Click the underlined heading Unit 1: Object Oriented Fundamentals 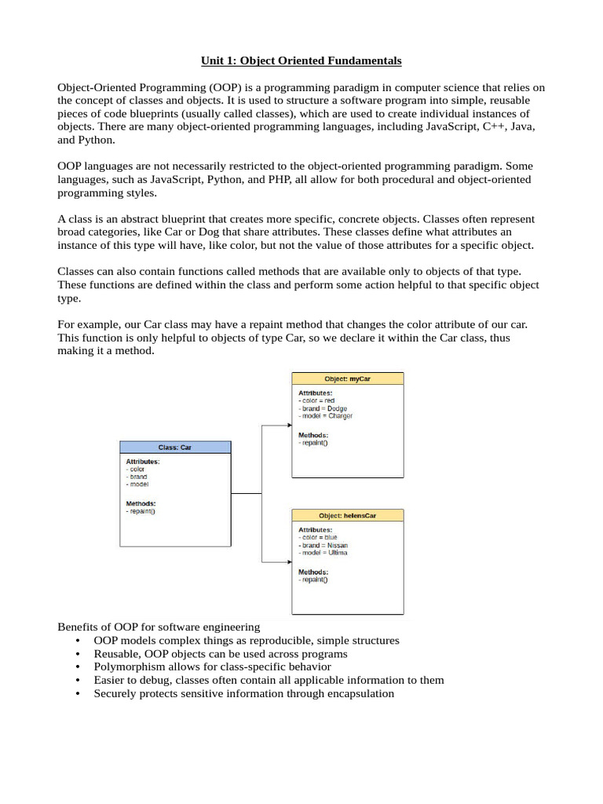(301, 60)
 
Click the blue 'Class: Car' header (175, 447)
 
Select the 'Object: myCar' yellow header (347, 378)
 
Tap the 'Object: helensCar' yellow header (347, 516)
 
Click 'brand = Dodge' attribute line (323, 408)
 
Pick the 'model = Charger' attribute (326, 416)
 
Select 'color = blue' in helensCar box (318, 538)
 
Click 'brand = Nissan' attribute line (323, 545)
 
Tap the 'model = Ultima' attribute (323, 553)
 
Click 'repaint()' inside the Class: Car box (141, 512)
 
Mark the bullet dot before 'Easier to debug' (77, 680)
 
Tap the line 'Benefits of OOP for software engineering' (159, 627)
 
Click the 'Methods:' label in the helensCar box (313, 572)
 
